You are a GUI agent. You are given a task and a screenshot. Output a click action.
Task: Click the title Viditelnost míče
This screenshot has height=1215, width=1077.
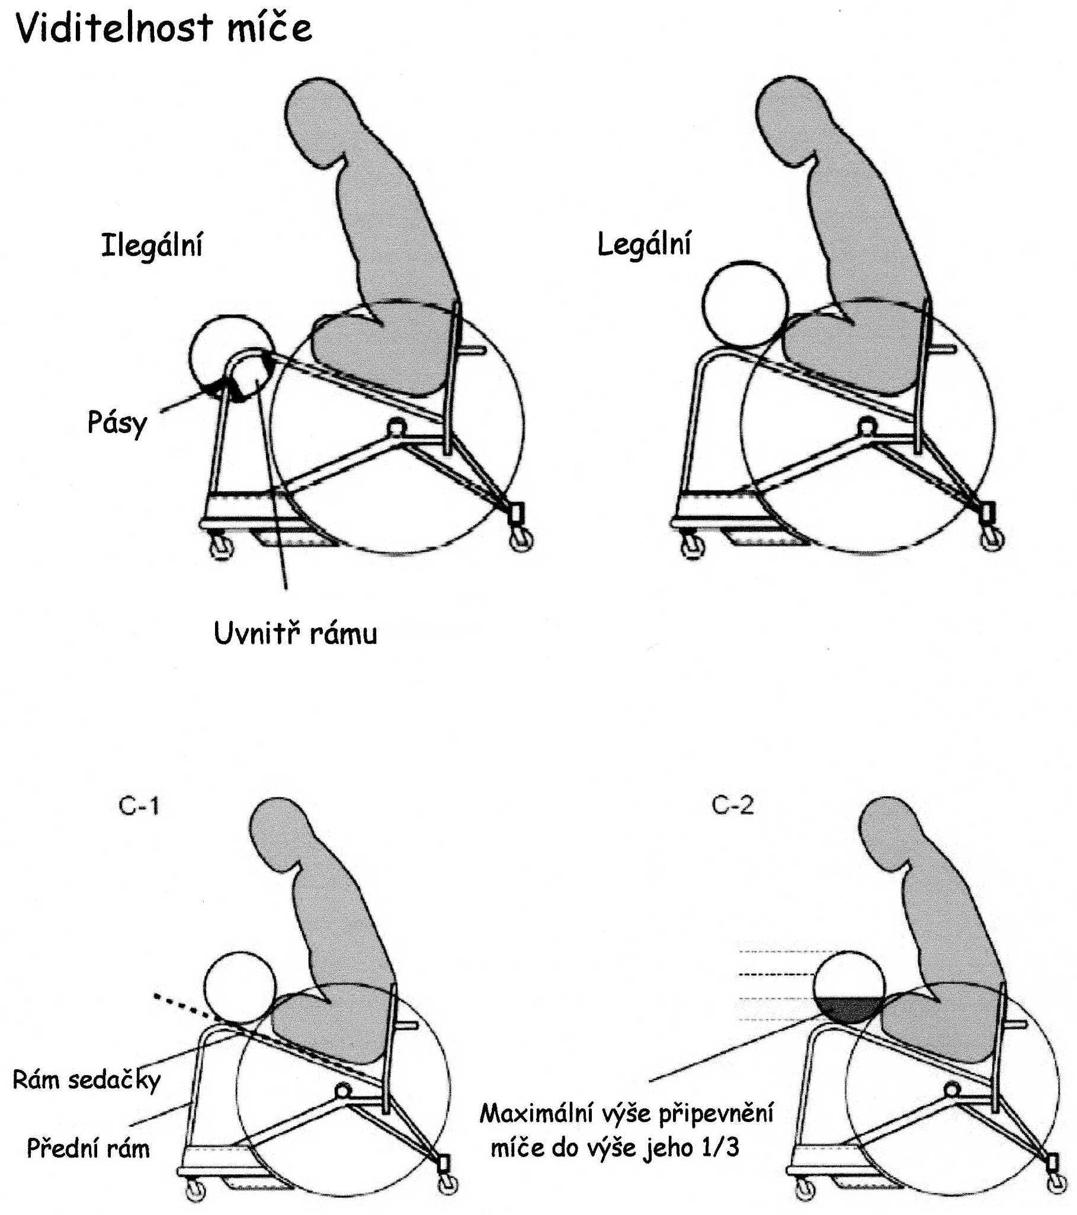(164, 28)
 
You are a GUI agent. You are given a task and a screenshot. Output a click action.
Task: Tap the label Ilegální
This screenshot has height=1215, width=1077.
(152, 245)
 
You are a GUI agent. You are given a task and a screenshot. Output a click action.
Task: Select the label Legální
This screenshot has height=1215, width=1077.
(645, 244)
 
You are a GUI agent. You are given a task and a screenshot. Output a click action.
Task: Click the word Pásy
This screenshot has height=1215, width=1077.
(117, 423)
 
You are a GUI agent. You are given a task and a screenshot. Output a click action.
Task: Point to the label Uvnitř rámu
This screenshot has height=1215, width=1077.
(296, 633)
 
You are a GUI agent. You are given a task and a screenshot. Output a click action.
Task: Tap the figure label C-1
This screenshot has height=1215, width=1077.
(139, 807)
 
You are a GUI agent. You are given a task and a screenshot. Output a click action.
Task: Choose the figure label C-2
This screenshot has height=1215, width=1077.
(733, 806)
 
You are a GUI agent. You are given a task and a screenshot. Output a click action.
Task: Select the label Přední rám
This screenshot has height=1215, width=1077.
(88, 1149)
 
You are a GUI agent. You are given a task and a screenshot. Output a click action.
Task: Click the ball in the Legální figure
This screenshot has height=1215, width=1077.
(745, 303)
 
